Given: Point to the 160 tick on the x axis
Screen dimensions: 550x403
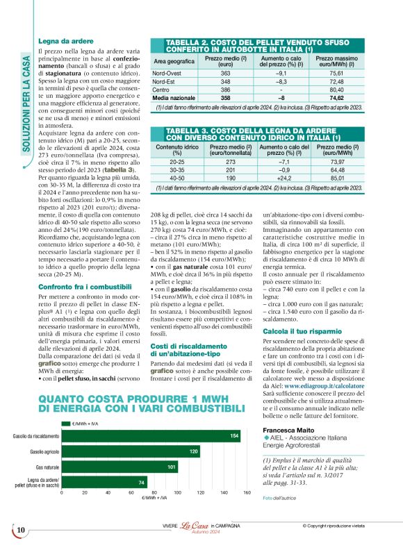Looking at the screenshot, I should pos(247,492).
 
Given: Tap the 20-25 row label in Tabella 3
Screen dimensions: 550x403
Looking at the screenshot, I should pos(172,160).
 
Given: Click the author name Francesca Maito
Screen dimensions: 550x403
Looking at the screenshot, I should pos(288,431).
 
